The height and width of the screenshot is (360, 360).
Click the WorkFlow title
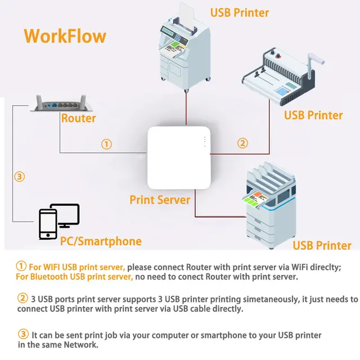[65, 35]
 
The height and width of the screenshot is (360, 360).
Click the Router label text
[78, 118]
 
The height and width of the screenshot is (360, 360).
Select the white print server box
[178, 158]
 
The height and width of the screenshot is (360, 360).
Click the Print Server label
[160, 200]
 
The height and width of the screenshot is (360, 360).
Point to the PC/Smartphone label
[101, 241]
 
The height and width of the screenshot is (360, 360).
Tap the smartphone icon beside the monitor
[47, 224]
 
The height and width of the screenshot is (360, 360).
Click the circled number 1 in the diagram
[106, 144]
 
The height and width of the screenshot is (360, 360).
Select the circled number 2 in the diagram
[242, 143]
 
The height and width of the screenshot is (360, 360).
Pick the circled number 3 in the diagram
[20, 177]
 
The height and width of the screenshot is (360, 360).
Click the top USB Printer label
[240, 12]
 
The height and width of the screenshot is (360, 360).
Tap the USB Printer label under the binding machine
[313, 115]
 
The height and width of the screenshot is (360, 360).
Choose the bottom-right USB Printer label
[322, 245]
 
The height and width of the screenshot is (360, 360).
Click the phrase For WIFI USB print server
[77, 267]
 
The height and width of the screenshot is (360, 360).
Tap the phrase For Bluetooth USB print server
[74, 276]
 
